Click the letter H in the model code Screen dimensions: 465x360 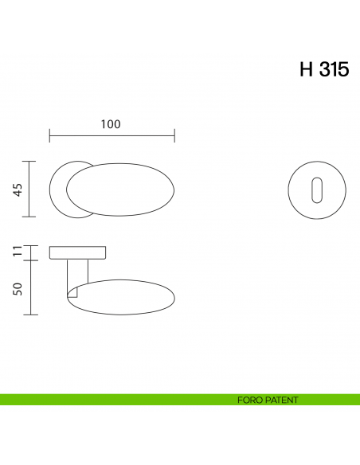click(307, 69)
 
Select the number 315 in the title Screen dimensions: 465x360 click(334, 69)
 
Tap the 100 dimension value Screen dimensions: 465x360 click(111, 123)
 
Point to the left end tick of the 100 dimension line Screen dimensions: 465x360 click(49, 136)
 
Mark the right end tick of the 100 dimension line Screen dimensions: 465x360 click(174, 136)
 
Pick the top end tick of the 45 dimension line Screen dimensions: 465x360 click(30, 161)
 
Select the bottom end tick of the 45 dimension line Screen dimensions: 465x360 click(30, 217)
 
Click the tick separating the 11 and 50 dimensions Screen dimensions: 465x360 click(30, 260)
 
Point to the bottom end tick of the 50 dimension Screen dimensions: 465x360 click(30, 315)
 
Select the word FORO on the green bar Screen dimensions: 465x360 click(250, 400)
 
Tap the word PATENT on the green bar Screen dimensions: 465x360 click(282, 400)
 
